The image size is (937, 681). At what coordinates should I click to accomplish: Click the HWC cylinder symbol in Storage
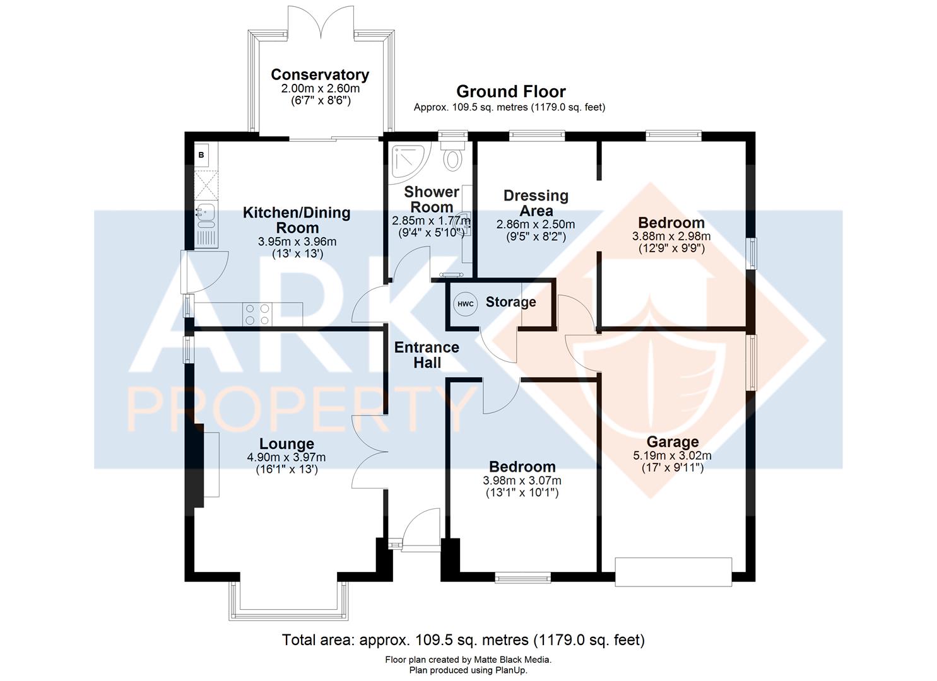click(465, 304)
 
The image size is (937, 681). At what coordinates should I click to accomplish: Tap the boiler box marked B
click(201, 154)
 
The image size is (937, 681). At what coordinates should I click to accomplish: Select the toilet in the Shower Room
click(452, 156)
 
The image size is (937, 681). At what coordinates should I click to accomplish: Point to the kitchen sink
click(206, 216)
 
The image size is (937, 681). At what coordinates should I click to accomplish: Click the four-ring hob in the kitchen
click(256, 314)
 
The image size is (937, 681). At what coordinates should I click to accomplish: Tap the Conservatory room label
click(320, 74)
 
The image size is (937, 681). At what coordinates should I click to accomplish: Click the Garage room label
click(673, 442)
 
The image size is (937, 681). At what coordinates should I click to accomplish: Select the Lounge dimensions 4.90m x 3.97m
click(286, 457)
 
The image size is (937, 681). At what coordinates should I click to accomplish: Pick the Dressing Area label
click(536, 203)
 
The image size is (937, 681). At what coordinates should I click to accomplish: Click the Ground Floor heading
click(510, 91)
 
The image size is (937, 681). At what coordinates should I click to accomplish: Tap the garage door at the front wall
click(673, 572)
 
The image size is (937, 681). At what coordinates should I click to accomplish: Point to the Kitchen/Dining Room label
click(297, 219)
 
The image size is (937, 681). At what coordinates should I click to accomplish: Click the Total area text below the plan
click(463, 641)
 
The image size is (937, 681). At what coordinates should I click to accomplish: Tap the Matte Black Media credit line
click(468, 660)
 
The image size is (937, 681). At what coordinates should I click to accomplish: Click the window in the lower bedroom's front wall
click(522, 577)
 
